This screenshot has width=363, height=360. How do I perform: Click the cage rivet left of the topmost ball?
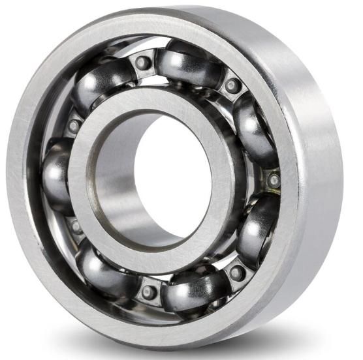click(x=142, y=63)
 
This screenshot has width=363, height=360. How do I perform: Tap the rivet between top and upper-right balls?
click(x=233, y=85)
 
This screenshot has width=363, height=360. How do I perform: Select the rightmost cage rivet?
click(x=274, y=179)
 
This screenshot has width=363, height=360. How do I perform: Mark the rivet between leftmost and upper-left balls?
click(x=74, y=125)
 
